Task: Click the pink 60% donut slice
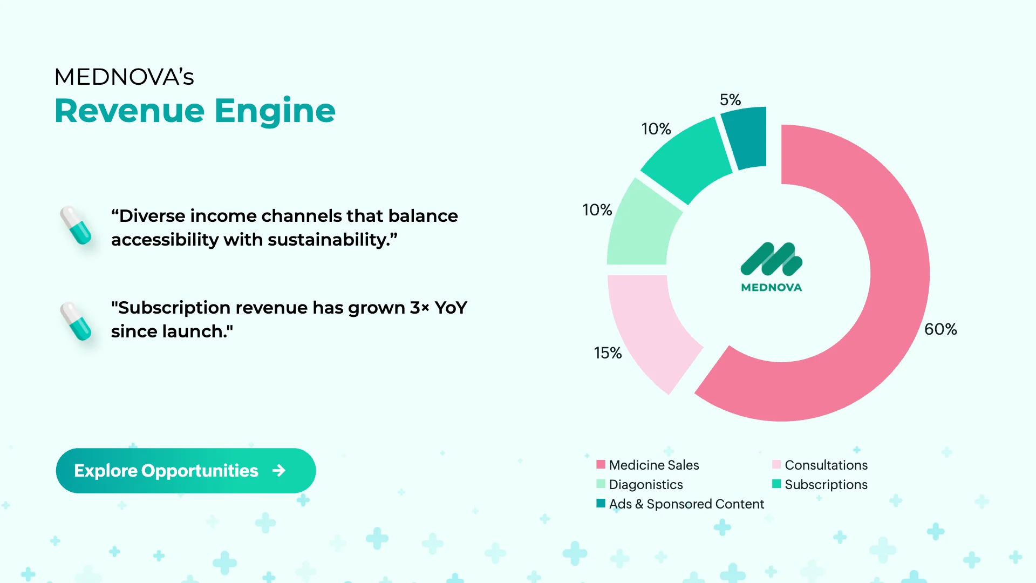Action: pyautogui.click(x=896, y=302)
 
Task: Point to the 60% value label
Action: pyautogui.click(x=940, y=329)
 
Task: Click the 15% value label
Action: pyautogui.click(x=608, y=353)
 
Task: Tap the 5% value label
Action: pyautogui.click(x=730, y=100)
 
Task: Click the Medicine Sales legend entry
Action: pyautogui.click(x=647, y=465)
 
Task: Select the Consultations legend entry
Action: pyautogui.click(x=820, y=465)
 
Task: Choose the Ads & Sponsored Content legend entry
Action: pyautogui.click(x=680, y=504)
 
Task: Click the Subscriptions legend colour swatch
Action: pyautogui.click(x=776, y=484)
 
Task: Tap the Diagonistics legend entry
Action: pyautogui.click(x=639, y=484)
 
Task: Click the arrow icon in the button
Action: pyautogui.click(x=279, y=471)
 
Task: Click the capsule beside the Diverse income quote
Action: pyautogui.click(x=76, y=225)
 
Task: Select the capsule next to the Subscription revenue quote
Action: pyautogui.click(x=76, y=321)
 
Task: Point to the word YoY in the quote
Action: pyautogui.click(x=451, y=308)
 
